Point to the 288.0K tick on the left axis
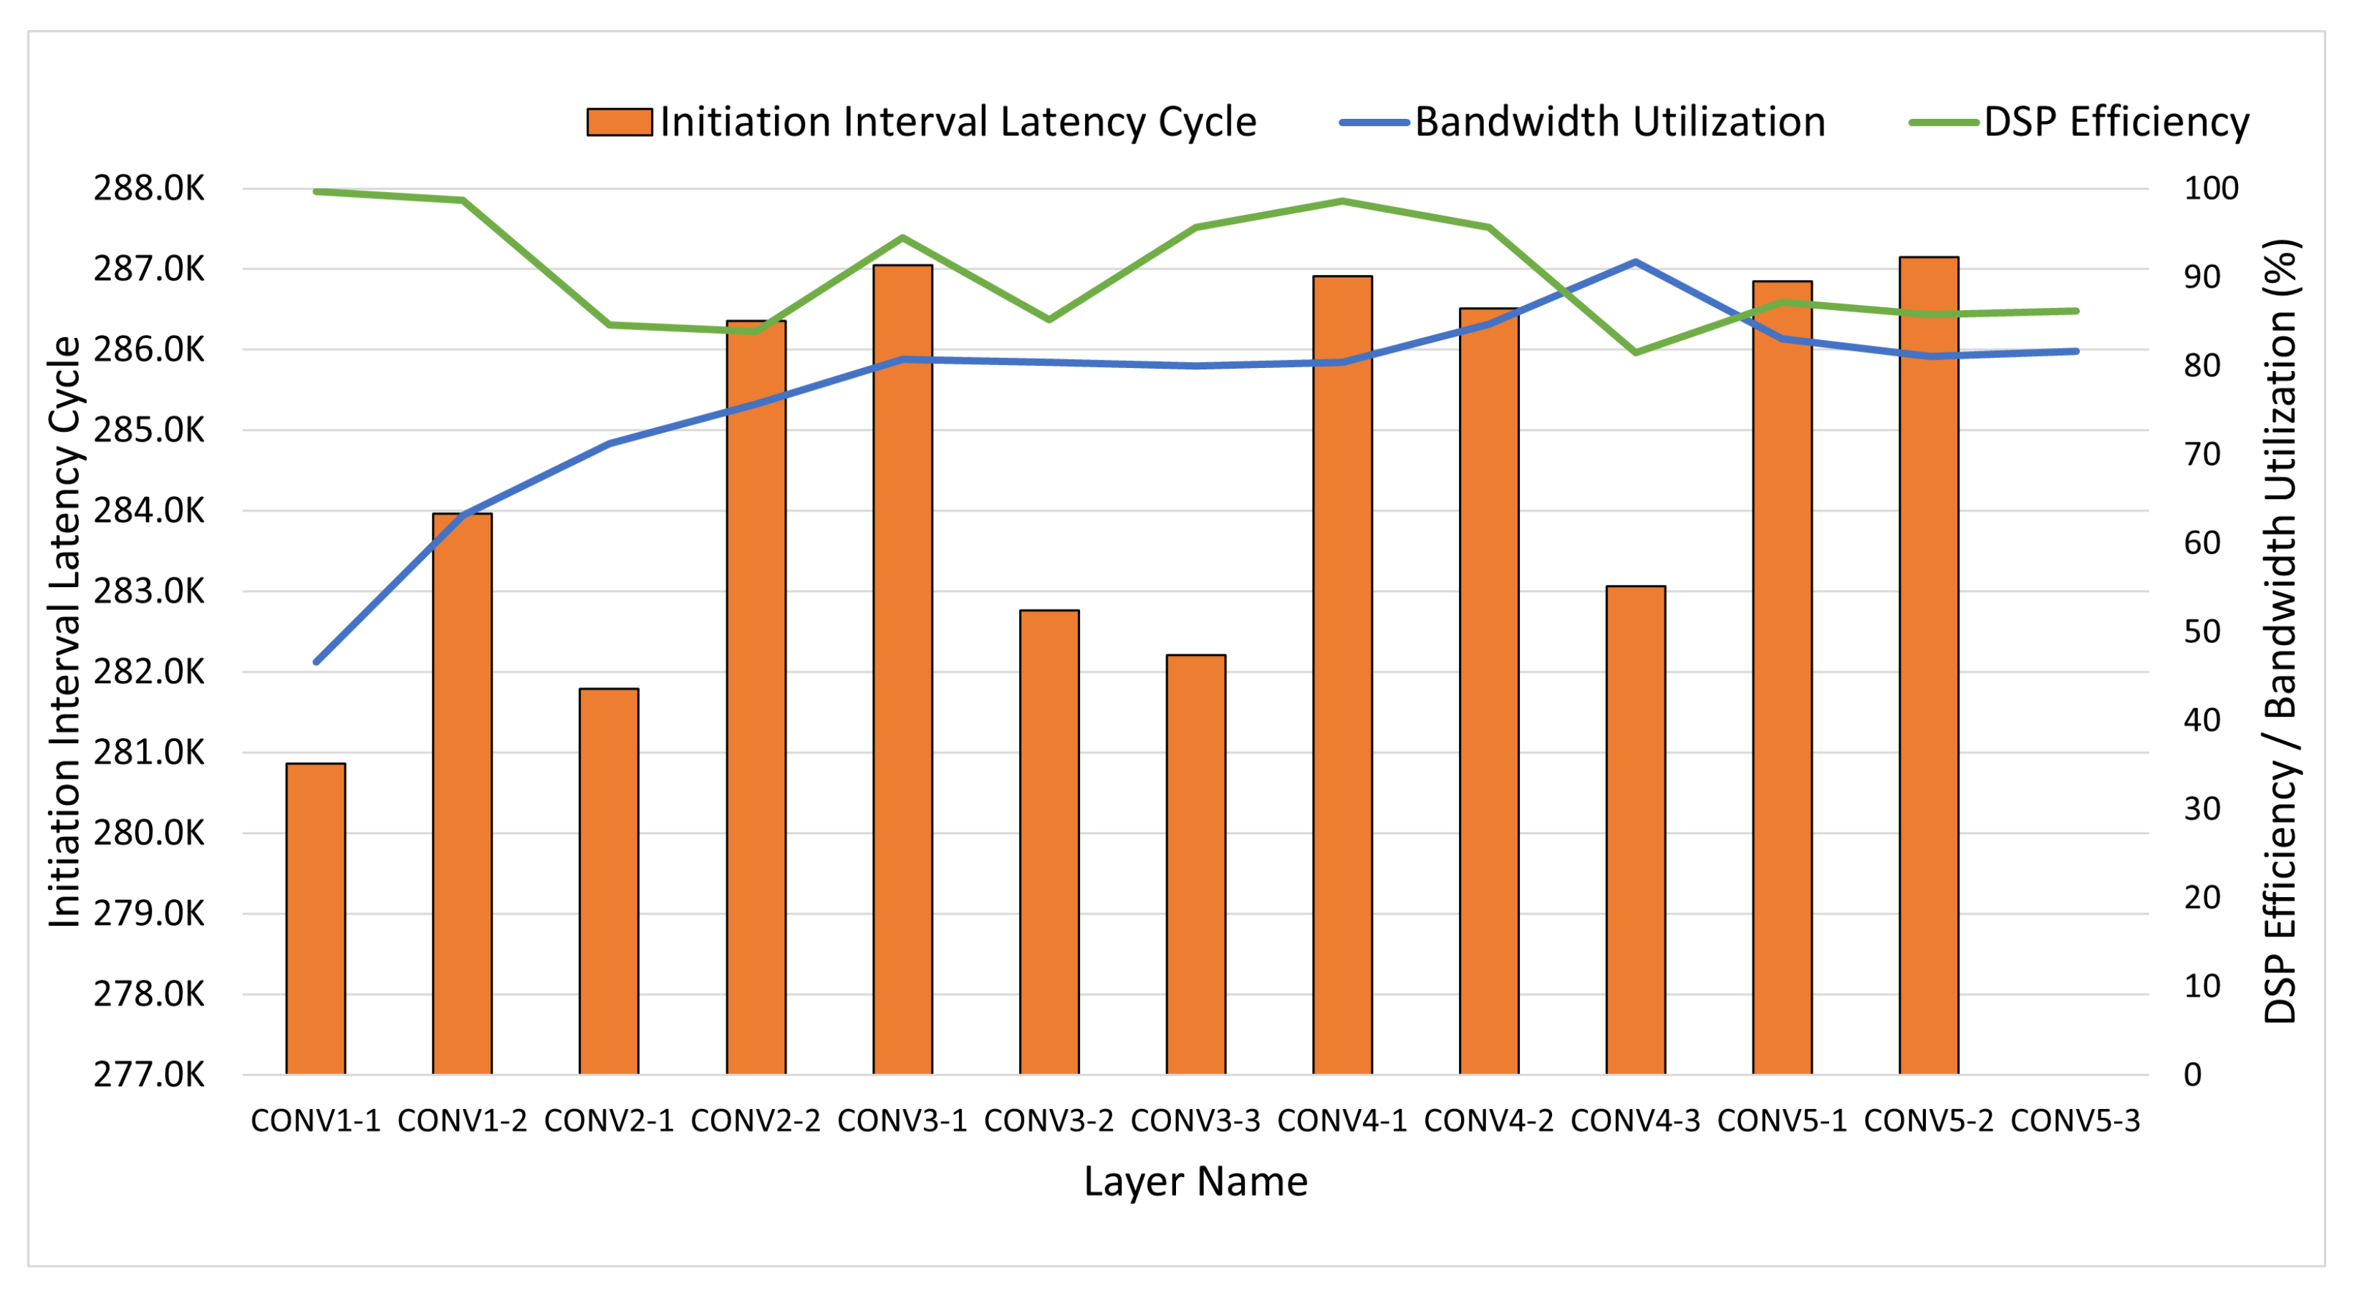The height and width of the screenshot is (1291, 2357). [x=149, y=188]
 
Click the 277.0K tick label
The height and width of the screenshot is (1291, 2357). [x=149, y=1074]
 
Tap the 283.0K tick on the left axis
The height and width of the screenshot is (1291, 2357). [x=149, y=591]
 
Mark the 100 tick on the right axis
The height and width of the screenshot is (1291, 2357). [x=2211, y=188]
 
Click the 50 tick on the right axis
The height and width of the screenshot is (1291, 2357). [x=2202, y=632]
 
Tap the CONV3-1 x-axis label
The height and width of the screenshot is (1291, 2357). [x=902, y=1121]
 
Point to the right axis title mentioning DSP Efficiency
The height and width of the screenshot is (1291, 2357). [x=2281, y=632]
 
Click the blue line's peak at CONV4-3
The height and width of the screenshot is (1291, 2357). [x=1635, y=261]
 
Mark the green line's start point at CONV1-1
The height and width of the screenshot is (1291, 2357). [x=316, y=191]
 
